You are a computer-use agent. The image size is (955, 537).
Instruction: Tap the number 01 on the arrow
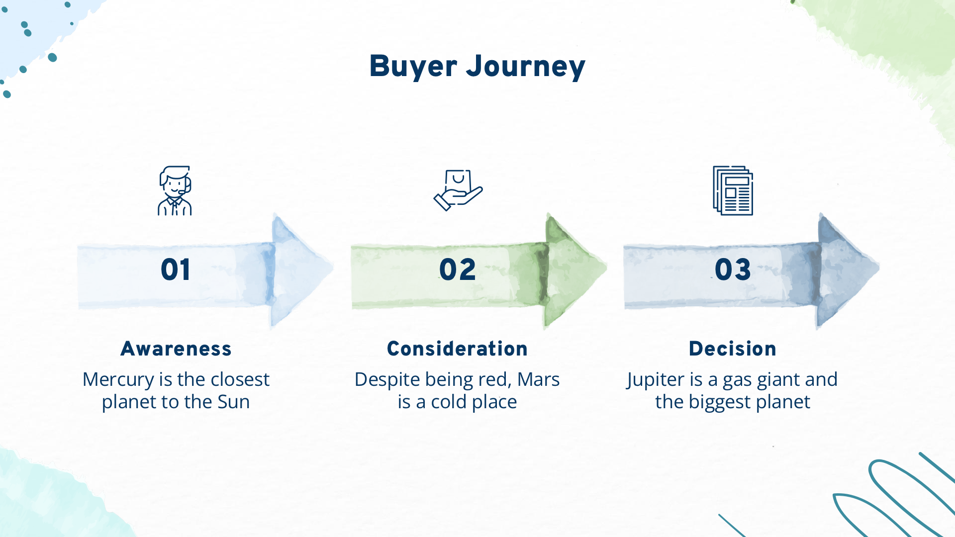tap(176, 270)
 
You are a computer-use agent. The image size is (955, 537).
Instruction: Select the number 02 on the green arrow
tap(458, 270)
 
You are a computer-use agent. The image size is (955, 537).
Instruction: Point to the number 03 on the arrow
tap(733, 270)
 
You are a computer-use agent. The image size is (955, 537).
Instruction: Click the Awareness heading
tap(176, 349)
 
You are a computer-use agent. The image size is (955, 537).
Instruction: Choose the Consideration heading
tap(457, 349)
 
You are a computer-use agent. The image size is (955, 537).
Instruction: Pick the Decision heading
tap(733, 349)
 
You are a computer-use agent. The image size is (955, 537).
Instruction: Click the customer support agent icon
tap(175, 190)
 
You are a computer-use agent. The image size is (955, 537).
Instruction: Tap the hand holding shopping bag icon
tap(458, 190)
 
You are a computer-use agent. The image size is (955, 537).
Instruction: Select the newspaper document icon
tap(733, 190)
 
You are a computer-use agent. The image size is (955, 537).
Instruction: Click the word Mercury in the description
tap(118, 380)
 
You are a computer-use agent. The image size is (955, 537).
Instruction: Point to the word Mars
tap(539, 379)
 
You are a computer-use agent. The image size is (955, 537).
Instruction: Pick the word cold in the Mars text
tap(449, 402)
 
